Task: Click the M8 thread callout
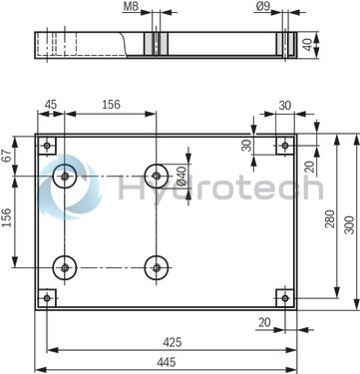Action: (x=131, y=7)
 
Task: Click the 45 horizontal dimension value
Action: (x=51, y=106)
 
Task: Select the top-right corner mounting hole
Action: (x=285, y=147)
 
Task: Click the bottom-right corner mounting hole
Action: (x=285, y=297)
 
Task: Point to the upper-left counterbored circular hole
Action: (x=65, y=177)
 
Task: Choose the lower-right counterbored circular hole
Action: (x=156, y=267)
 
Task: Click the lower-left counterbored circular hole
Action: (x=65, y=267)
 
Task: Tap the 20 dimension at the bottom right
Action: (x=264, y=321)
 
